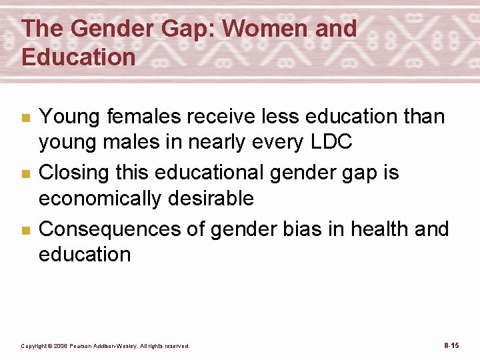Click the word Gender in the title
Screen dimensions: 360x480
coord(109,29)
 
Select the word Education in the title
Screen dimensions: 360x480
coord(78,57)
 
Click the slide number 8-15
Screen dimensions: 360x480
coord(451,345)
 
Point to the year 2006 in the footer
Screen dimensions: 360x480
coord(60,346)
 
